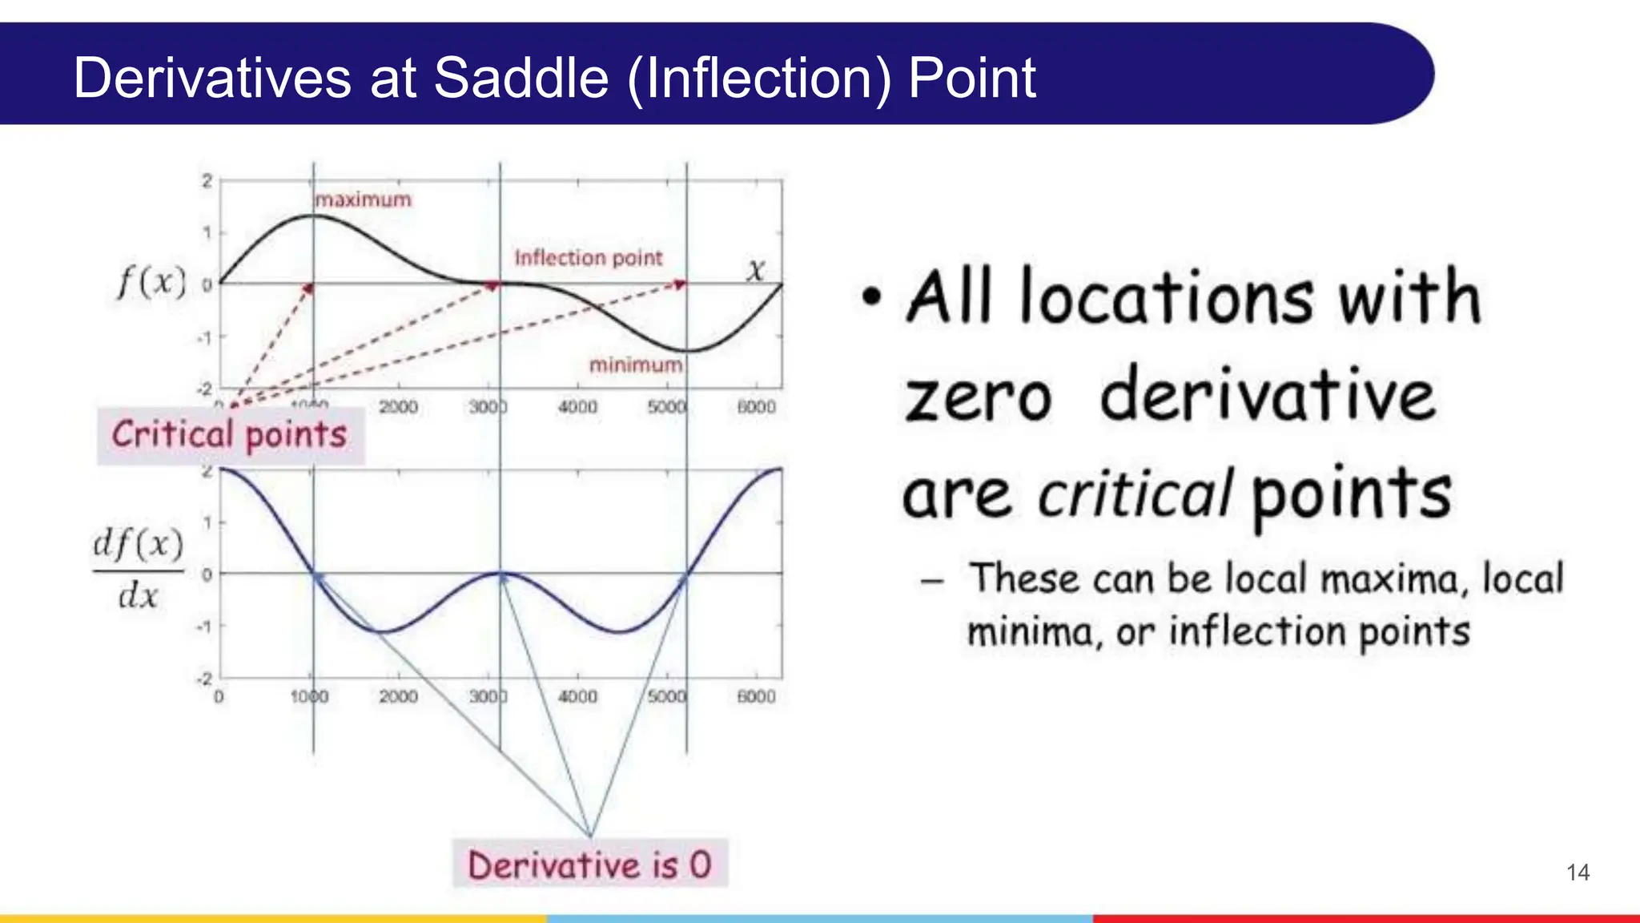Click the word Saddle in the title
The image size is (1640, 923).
click(521, 78)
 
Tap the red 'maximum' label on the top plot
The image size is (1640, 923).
click(363, 200)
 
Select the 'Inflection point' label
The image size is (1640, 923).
click(588, 258)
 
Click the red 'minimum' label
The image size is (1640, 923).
click(636, 365)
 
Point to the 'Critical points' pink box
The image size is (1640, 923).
click(230, 435)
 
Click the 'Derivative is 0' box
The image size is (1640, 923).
click(589, 865)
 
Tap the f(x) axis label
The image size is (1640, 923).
click(151, 283)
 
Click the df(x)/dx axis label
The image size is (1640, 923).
click(138, 570)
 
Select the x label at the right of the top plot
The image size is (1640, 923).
click(756, 271)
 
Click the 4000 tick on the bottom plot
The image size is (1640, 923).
click(577, 697)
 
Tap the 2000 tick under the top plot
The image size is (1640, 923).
click(398, 407)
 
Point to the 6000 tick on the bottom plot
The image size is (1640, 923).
click(756, 697)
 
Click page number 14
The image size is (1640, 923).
click(1578, 873)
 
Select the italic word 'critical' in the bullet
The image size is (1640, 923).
click(1134, 494)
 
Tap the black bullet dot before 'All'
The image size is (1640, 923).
click(871, 297)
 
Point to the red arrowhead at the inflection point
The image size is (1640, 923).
click(492, 285)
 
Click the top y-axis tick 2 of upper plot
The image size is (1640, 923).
click(207, 181)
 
